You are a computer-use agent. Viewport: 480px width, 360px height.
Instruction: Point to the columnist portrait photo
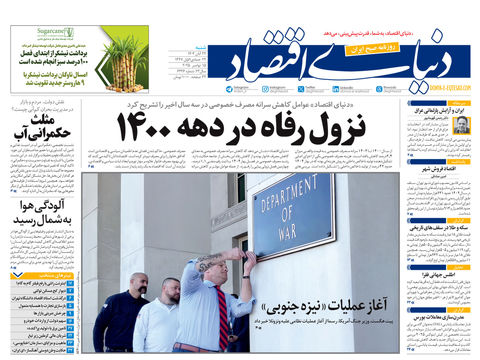[x=461, y=126]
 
